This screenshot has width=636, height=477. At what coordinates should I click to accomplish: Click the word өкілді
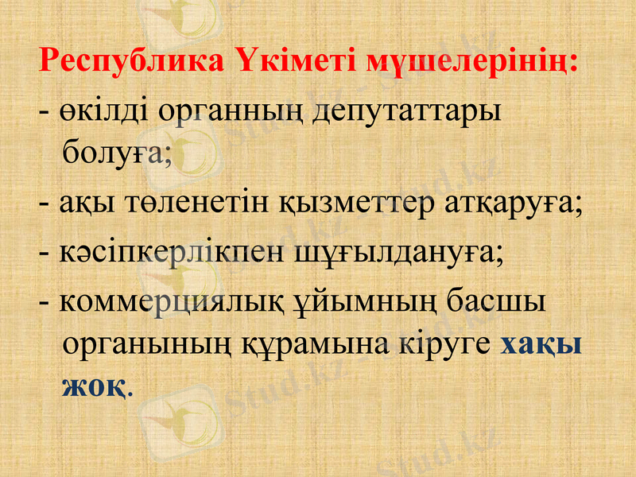(x=103, y=111)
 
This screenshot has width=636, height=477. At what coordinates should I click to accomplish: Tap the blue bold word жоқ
(x=93, y=385)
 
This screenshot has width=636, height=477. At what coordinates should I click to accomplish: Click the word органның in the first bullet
(x=227, y=111)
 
